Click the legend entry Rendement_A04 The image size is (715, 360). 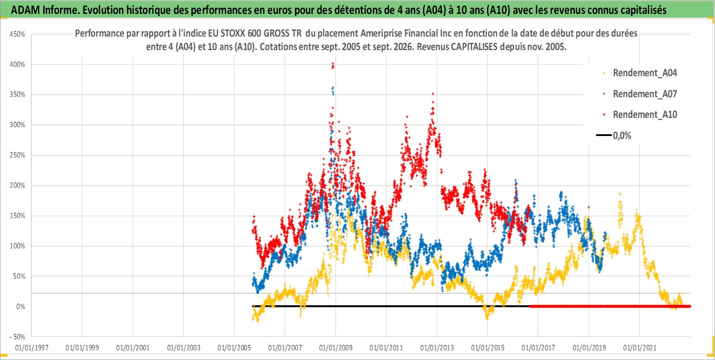point(640,73)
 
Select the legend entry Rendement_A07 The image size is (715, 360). point(640,94)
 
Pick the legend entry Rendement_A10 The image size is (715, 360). point(640,115)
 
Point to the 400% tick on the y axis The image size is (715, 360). point(17,64)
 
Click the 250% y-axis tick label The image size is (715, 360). point(17,155)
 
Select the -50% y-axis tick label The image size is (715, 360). point(17,337)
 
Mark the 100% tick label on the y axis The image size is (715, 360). point(17,246)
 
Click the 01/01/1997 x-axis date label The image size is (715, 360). point(32,347)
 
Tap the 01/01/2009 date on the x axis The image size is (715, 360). point(336,347)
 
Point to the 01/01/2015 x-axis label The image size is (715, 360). point(488,347)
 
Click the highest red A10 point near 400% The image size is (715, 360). point(333,64)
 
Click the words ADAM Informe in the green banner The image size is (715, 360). point(43,10)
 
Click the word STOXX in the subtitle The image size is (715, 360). point(233,34)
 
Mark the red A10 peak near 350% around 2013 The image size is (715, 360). point(433,94)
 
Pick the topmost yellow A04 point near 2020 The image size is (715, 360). point(619,194)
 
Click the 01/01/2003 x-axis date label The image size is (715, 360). point(184,347)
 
